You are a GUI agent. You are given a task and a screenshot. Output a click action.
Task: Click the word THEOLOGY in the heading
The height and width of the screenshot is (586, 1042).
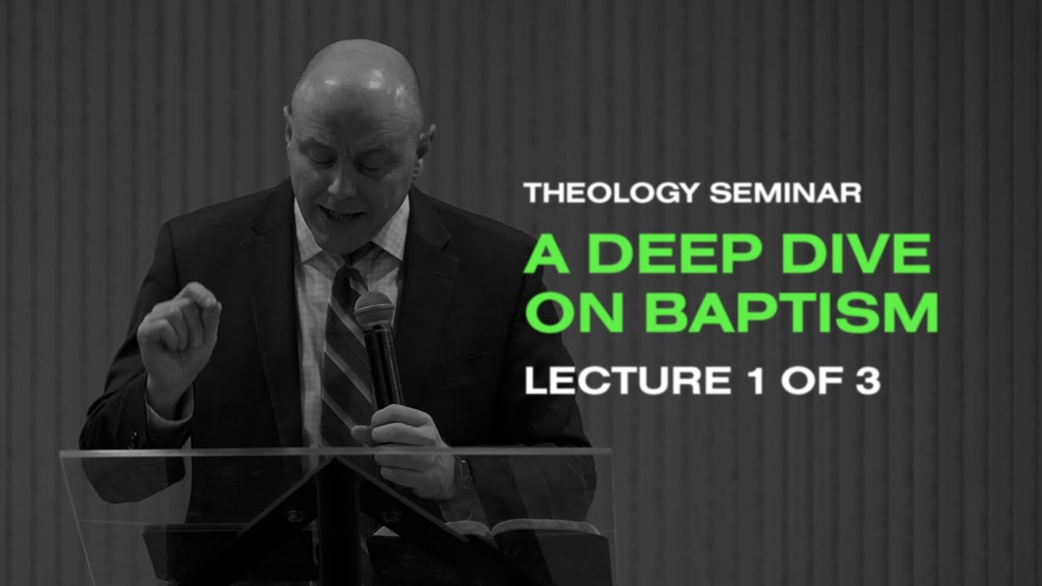612,193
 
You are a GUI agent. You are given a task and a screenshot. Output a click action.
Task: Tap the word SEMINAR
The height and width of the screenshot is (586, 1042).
785,193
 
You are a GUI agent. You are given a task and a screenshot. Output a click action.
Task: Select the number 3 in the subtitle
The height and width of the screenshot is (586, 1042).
867,380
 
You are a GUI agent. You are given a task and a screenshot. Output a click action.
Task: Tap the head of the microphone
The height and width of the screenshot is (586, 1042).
373,309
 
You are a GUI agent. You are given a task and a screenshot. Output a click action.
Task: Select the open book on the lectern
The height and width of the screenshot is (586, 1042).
521,527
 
